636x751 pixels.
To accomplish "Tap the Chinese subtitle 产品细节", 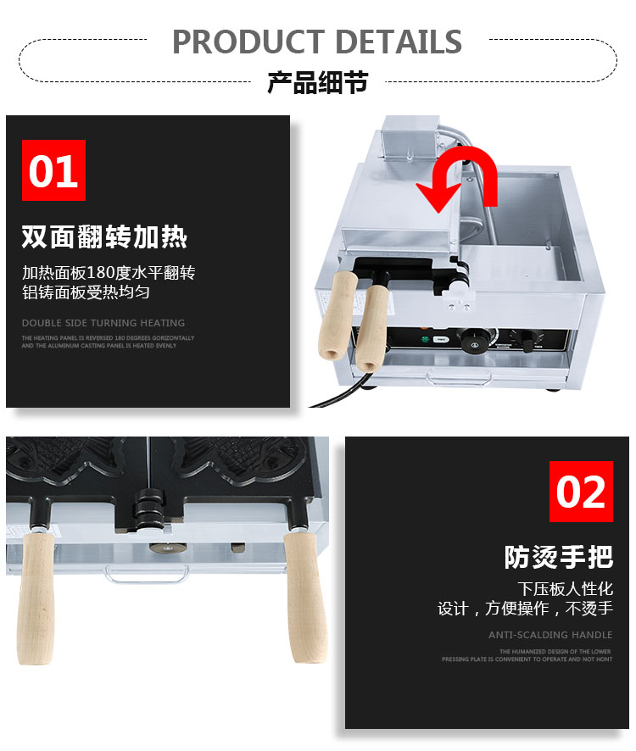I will pos(317,82).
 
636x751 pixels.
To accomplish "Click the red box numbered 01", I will pos(53,170).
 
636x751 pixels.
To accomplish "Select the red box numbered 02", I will pos(581,492).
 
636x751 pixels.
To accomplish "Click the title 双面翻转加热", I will pos(103,237).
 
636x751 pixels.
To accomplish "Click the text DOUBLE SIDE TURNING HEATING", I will pos(103,323).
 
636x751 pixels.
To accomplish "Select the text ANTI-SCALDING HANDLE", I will pos(550,635).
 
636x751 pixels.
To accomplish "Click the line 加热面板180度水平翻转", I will pos(109,273).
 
